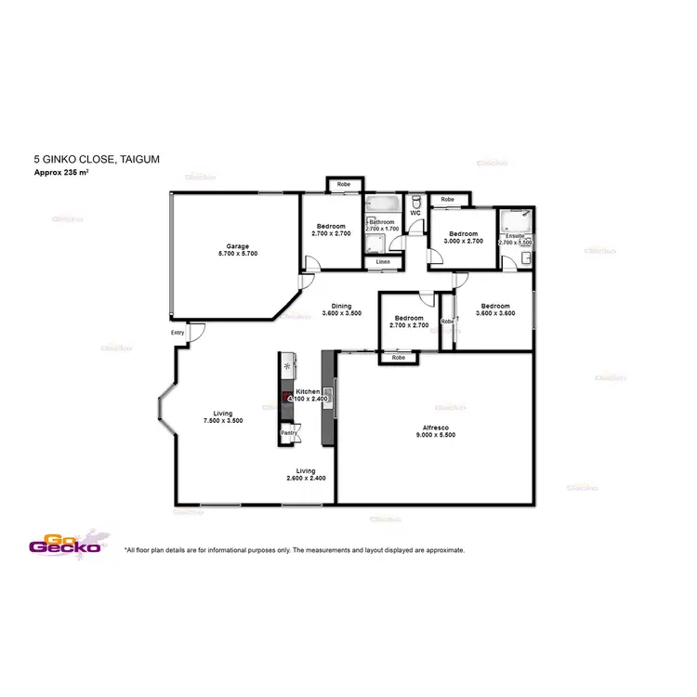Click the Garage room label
(x=237, y=246)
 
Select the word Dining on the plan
(x=341, y=306)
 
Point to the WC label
(x=415, y=214)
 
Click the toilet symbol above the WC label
(x=416, y=201)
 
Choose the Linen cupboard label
(x=383, y=262)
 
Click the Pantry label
(x=289, y=432)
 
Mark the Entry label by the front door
(x=178, y=332)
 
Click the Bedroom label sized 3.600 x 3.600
(x=494, y=306)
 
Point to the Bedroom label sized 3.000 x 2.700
(x=463, y=233)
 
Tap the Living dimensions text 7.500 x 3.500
(x=222, y=420)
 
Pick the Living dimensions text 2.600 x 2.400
(x=306, y=478)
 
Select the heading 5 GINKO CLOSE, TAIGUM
(x=96, y=160)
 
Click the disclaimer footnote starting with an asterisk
(x=294, y=550)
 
